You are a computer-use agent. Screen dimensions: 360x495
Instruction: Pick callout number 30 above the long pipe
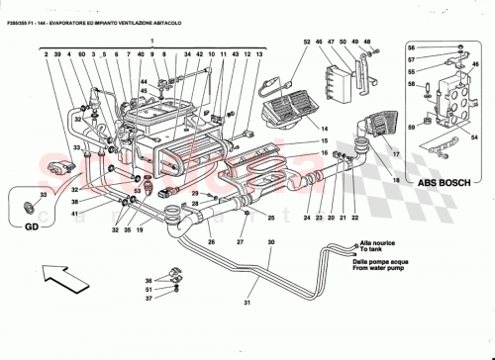point(269,242)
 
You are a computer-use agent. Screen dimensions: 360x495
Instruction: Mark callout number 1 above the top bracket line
point(151,41)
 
